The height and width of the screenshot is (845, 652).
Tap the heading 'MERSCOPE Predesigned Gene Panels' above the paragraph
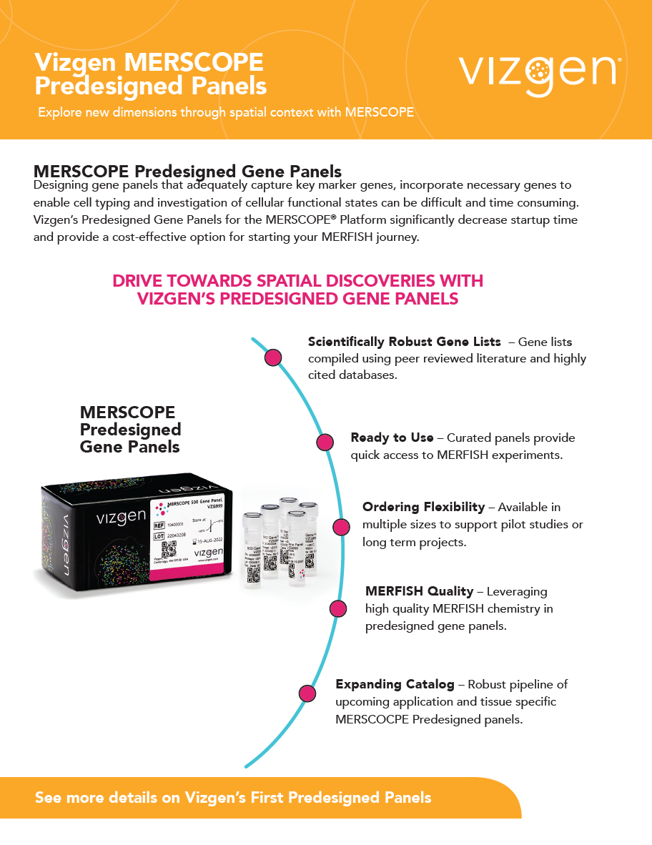coord(187,172)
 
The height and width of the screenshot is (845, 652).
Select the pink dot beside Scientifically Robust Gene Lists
coord(272,357)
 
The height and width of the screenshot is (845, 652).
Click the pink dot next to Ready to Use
coord(325,442)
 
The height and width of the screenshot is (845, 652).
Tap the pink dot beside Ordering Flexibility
coord(342,527)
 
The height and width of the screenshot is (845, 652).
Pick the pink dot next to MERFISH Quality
coord(337,608)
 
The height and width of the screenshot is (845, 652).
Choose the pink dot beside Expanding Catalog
coord(307,693)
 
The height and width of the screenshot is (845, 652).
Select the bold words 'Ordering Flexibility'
coord(423,507)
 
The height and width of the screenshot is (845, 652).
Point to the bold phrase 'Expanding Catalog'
coord(395,684)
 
